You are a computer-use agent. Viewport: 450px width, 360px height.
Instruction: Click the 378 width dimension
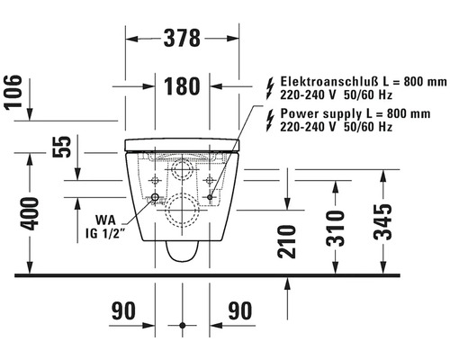pos(182,38)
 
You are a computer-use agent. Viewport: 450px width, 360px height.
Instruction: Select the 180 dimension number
pos(182,86)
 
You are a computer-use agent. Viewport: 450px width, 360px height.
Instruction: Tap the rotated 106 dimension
pos(13,92)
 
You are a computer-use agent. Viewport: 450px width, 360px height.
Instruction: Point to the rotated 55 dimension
pos(62,147)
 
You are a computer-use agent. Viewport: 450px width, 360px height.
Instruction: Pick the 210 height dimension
pos(287,241)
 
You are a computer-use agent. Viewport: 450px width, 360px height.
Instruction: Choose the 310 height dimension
pos(336,229)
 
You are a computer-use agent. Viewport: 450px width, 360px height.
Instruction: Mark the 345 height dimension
pos(382,222)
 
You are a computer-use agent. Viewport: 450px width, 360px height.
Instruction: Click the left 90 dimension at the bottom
pos(123,310)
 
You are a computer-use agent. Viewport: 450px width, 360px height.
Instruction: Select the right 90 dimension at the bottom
pos(240,310)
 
